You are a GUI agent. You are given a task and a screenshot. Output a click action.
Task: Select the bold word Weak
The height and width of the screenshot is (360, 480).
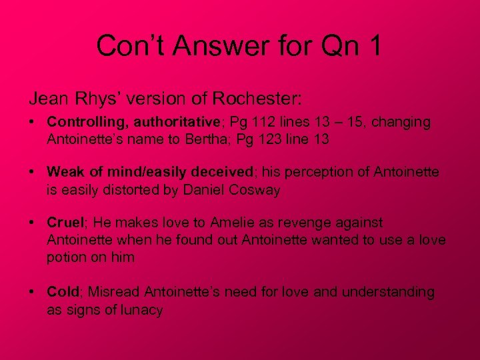click(65, 173)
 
